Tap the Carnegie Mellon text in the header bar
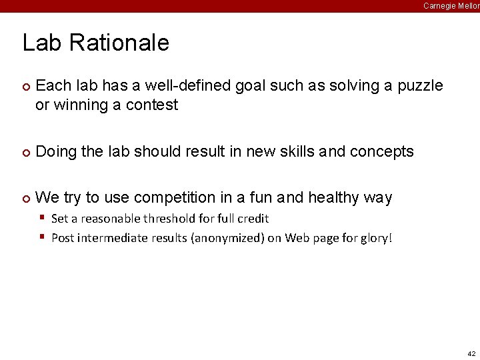coord(451,5)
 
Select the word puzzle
coord(420,86)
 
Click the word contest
coord(151,105)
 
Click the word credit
coord(253,219)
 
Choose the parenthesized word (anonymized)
coord(227,238)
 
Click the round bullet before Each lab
coord(25,87)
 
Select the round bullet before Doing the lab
coord(25,153)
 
